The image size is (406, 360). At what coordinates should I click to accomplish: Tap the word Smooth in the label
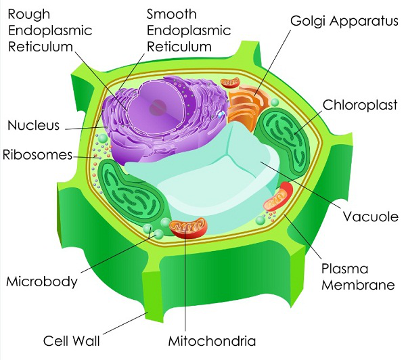point(173,14)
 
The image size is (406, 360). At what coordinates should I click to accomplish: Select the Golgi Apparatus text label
point(344,20)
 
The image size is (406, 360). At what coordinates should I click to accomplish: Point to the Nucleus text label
point(34,125)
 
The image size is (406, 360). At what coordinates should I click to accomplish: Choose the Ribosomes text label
point(37,154)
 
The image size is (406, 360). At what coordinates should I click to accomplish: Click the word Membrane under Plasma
point(357,285)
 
